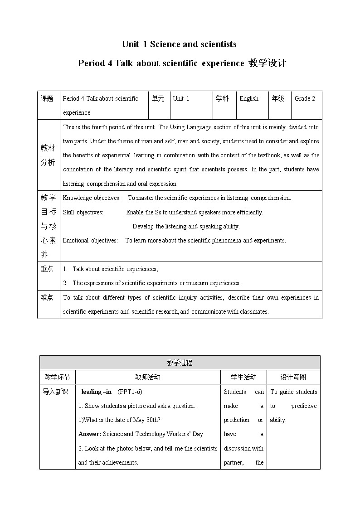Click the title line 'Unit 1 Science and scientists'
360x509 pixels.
point(179,44)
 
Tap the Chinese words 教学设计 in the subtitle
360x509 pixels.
point(267,63)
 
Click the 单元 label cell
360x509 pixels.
point(158,98)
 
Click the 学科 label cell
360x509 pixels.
point(222,98)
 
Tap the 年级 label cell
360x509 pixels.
point(278,98)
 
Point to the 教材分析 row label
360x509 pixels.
point(48,155)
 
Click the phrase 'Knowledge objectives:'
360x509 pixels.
point(92,198)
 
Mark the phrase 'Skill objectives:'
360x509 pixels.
point(83,212)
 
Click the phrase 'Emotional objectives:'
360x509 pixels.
point(90,240)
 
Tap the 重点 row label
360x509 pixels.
point(47,269)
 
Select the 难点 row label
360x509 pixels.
point(47,297)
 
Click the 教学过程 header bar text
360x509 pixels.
point(180,363)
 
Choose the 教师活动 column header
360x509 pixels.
point(147,377)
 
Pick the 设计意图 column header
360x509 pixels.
point(293,377)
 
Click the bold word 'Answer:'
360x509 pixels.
point(90,434)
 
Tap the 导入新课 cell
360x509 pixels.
point(55,392)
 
